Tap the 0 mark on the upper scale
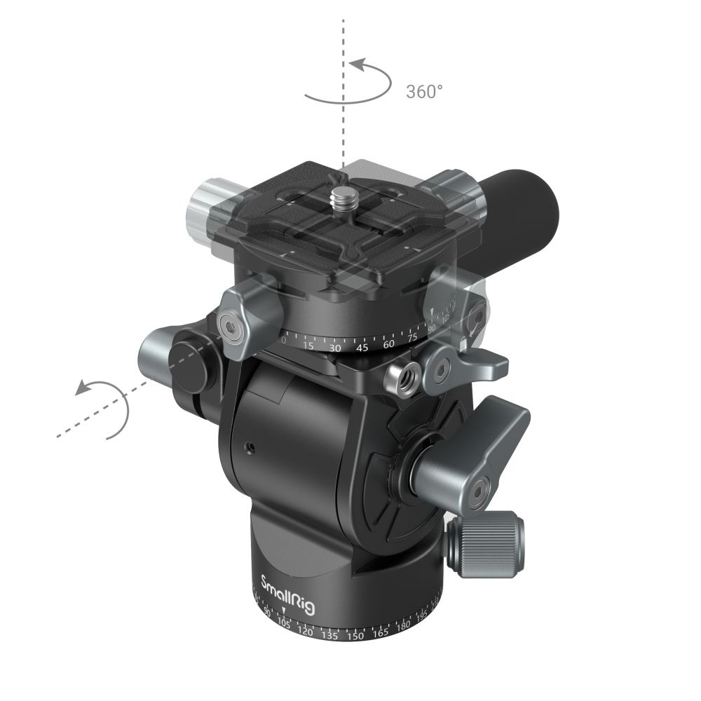283,339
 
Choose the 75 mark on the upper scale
413,336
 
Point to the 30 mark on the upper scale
334,347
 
